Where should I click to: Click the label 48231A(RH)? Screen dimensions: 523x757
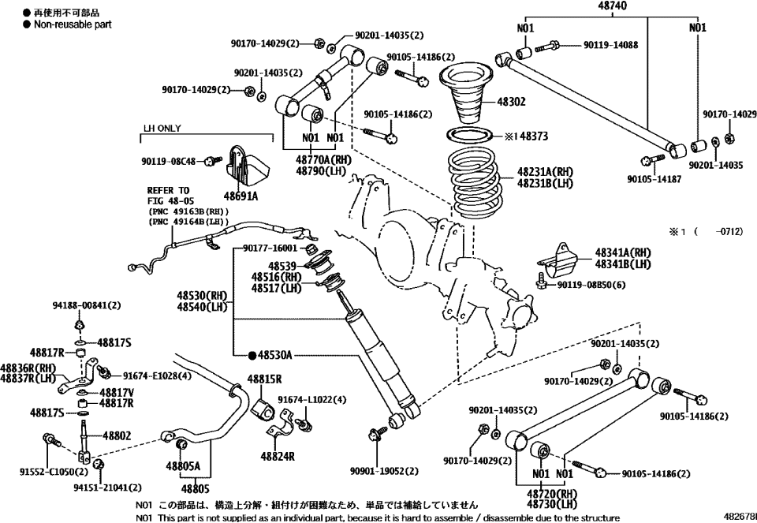coord(546,170)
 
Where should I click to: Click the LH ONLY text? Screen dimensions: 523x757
coord(162,128)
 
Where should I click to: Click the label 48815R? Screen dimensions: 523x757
coord(265,379)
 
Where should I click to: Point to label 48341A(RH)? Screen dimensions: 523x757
coord(623,252)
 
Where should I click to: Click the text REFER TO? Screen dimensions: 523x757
coord(168,190)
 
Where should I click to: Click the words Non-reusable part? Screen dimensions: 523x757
coord(73,24)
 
